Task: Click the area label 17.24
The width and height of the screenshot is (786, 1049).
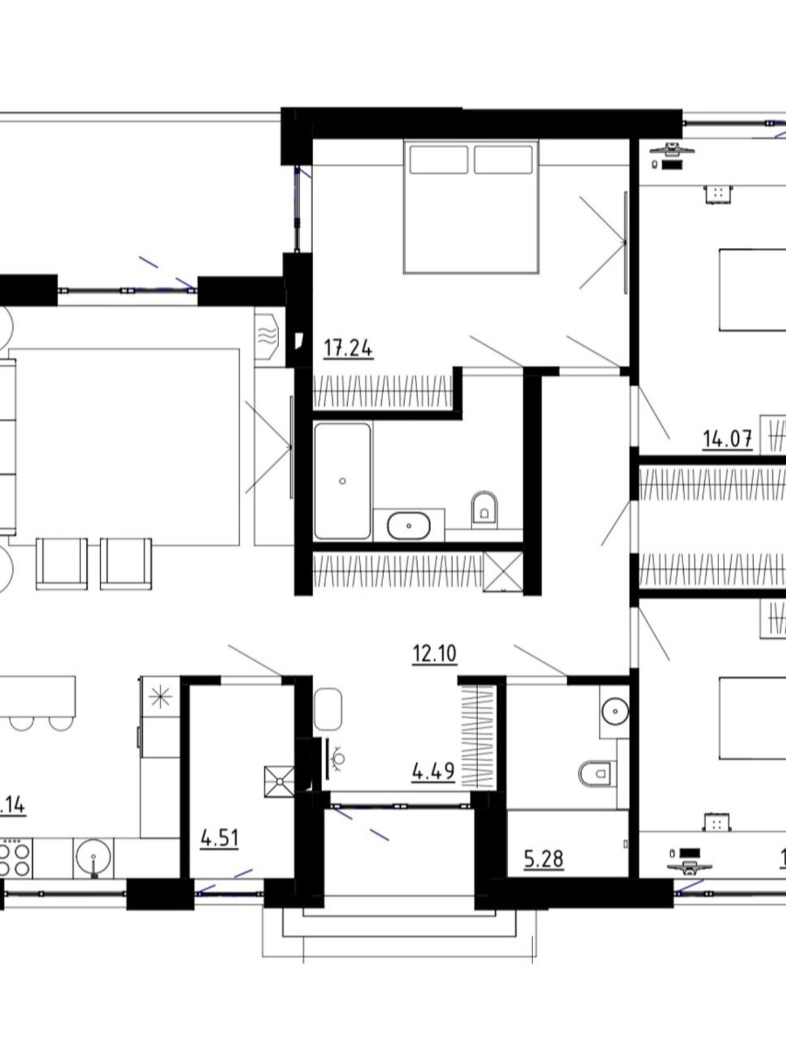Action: pyautogui.click(x=348, y=348)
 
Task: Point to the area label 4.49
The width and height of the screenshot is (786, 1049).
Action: pyautogui.click(x=433, y=771)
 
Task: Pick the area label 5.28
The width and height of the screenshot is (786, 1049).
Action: pyautogui.click(x=544, y=858)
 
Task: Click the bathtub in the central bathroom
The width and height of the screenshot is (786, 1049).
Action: pyautogui.click(x=342, y=481)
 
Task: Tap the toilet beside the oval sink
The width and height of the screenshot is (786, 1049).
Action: pyautogui.click(x=484, y=507)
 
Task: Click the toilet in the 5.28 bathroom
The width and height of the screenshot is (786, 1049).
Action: pyautogui.click(x=595, y=774)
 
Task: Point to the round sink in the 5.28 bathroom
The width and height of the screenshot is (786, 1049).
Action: pyautogui.click(x=614, y=709)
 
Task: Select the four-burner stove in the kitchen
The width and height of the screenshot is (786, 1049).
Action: pyautogui.click(x=14, y=860)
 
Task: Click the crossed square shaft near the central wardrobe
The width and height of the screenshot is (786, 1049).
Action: pyautogui.click(x=503, y=572)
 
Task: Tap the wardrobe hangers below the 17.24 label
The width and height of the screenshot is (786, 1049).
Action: pyautogui.click(x=383, y=391)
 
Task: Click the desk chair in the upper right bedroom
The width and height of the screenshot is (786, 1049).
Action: pyautogui.click(x=718, y=194)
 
